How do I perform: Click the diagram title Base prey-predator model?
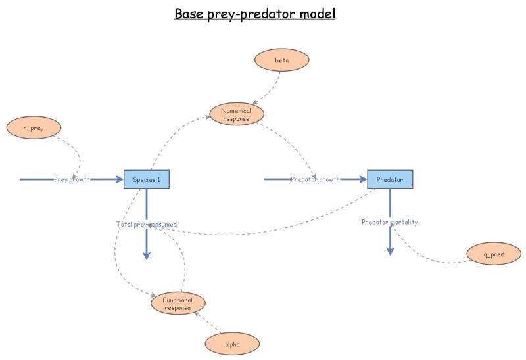coord(254,14)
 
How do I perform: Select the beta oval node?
coord(281,60)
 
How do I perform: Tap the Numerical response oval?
coord(236,114)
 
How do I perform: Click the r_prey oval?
coord(34,127)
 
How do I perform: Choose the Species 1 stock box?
coord(147,179)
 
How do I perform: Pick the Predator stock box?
coord(390,179)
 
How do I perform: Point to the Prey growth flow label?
coord(72,179)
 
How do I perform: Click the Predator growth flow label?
coord(315,179)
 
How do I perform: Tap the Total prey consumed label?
coord(147,224)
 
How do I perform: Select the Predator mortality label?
coord(389,222)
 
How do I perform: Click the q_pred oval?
coord(493,253)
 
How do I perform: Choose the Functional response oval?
coord(177,304)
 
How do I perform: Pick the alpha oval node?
coord(232,343)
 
